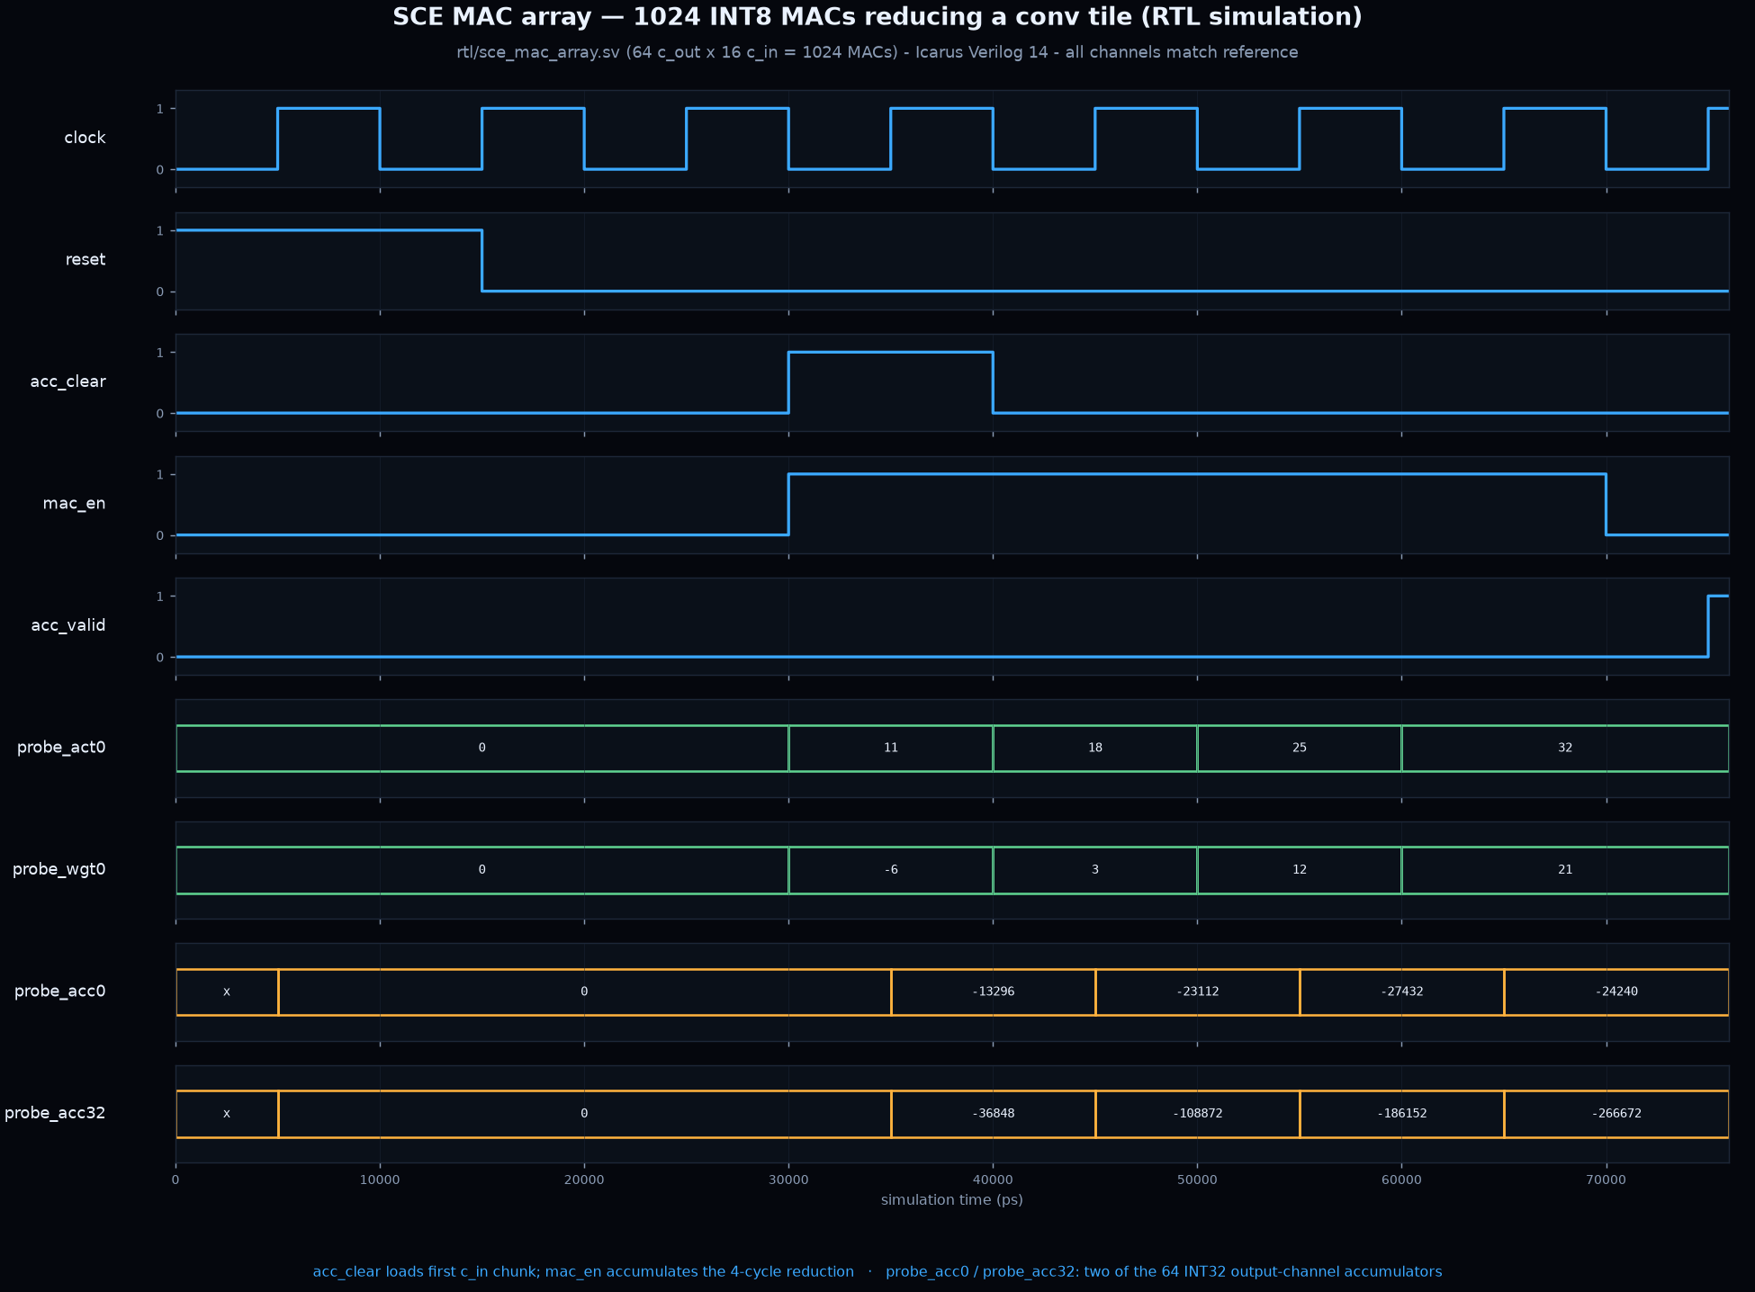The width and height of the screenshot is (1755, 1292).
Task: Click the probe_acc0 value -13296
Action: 993,991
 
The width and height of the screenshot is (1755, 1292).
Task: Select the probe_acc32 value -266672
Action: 1616,1114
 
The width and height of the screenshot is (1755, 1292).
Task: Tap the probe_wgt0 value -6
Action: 891,870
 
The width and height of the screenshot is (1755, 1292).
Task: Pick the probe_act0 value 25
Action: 1300,748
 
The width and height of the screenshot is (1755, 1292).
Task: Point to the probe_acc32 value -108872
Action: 1197,1114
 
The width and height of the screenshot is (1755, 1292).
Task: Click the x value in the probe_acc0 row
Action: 227,991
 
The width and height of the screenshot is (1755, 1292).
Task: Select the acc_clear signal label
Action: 68,381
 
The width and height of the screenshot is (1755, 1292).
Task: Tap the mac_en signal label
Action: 75,504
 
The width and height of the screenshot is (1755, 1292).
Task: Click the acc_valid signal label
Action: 68,625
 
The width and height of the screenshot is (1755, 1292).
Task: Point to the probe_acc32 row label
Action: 55,1113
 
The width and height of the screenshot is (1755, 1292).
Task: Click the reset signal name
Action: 85,260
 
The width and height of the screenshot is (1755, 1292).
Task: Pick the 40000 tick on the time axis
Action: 993,1180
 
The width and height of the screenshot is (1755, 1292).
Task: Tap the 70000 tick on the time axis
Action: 1606,1180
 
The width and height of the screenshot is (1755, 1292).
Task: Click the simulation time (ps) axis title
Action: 952,1200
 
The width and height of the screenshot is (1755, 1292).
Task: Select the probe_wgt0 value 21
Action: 1565,870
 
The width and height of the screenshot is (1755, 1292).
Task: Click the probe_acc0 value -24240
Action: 1616,991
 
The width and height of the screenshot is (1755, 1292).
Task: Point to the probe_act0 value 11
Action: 891,748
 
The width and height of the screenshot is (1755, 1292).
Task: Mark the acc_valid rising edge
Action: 1708,626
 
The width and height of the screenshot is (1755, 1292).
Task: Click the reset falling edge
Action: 481,261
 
